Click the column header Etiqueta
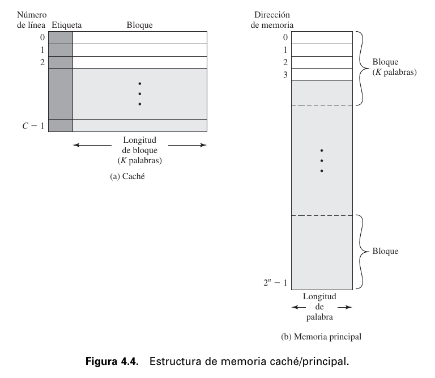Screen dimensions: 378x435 point(66,25)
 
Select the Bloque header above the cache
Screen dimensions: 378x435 point(139,25)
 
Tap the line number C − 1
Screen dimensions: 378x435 point(33,125)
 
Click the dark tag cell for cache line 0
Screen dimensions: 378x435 point(61,37)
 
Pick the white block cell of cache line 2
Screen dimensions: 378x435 point(139,62)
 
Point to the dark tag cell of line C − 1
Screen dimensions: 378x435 point(61,125)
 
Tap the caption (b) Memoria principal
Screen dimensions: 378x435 point(321,337)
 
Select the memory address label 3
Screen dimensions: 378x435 point(285,74)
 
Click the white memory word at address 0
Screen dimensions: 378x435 point(322,37)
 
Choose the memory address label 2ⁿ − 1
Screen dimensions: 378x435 point(277,282)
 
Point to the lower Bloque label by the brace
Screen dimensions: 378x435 point(385,251)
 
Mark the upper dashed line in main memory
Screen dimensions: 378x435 point(322,105)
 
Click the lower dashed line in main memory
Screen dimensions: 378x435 point(322,215)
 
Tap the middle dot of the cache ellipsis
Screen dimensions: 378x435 point(139,94)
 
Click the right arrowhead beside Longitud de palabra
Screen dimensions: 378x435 point(349,307)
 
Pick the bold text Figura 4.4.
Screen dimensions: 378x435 point(112,362)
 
